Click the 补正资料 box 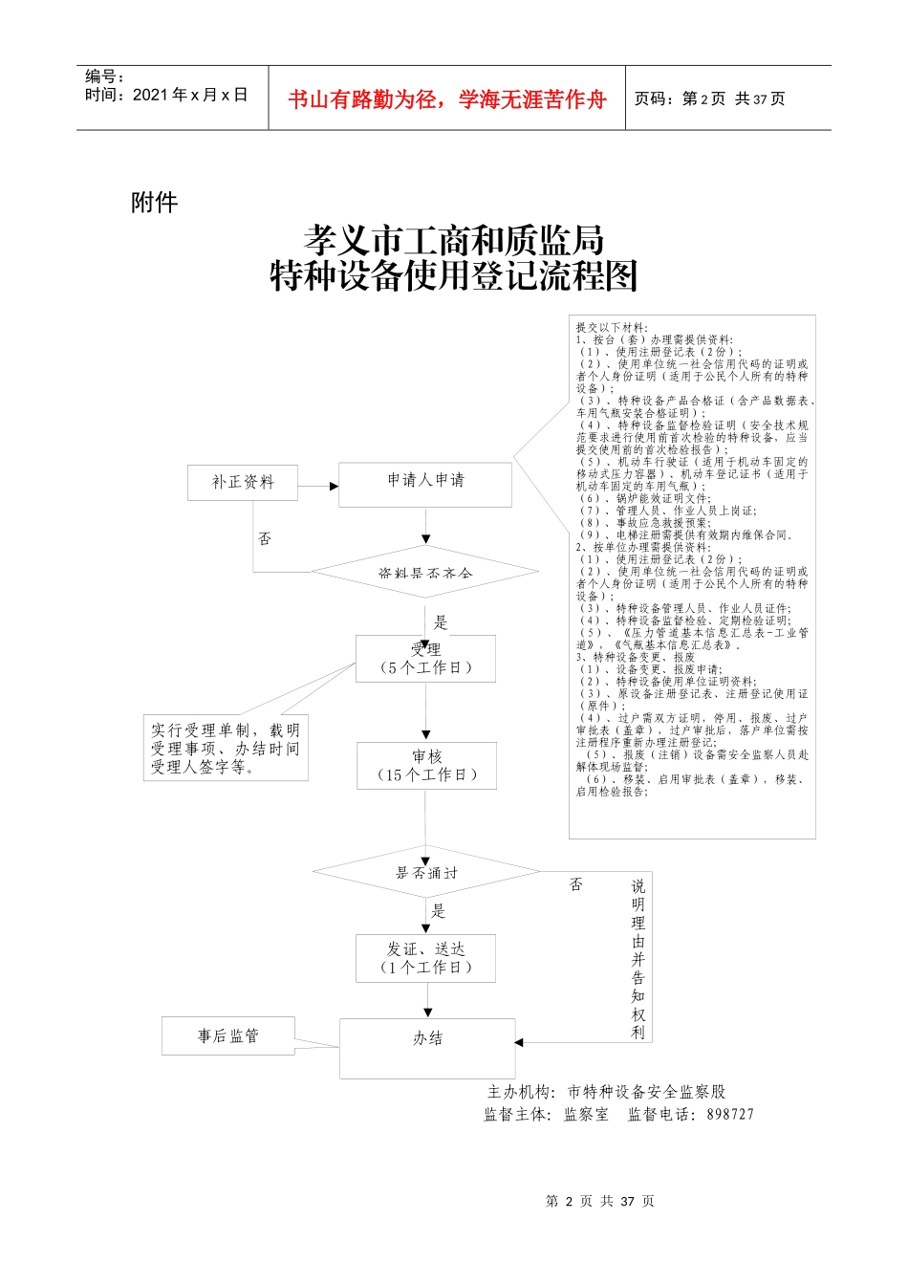coord(243,482)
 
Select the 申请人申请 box coord(425,484)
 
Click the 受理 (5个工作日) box coord(425,659)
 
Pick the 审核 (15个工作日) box coord(426,766)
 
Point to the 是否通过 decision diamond coord(426,872)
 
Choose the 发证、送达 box coord(426,958)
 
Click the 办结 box coord(427,1048)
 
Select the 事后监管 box coord(228,1036)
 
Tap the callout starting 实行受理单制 coord(226,749)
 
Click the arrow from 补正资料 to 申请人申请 coord(318,487)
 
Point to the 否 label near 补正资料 coord(265,539)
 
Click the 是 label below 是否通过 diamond coord(439,911)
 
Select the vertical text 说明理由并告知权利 coord(638,959)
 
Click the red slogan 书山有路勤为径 coord(447,99)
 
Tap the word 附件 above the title coord(154,202)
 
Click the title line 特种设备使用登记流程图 coord(454,277)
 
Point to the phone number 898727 coord(730,1114)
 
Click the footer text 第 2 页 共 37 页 coord(599,1201)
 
